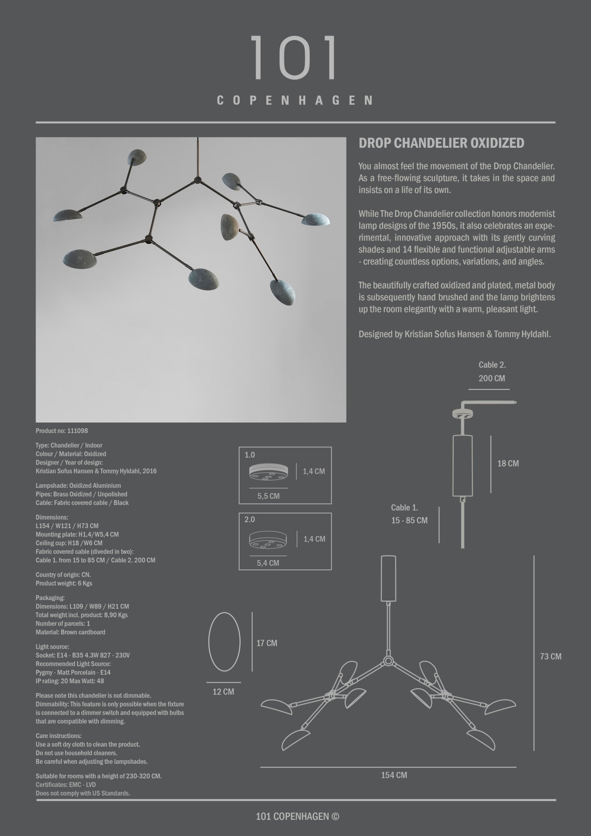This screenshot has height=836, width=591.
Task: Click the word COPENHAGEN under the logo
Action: pyautogui.click(x=295, y=100)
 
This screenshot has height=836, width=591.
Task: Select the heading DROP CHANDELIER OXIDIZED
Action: pyautogui.click(x=441, y=143)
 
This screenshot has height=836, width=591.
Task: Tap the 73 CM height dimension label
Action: pyautogui.click(x=551, y=656)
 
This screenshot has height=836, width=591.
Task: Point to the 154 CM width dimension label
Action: pyautogui.click(x=394, y=775)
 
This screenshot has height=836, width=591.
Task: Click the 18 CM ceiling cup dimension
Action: pyautogui.click(x=508, y=463)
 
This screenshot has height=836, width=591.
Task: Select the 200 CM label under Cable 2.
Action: pyautogui.click(x=492, y=378)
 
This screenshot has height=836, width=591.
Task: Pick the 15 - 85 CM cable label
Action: pyautogui.click(x=409, y=520)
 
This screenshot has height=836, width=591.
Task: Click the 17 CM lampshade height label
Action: pyautogui.click(x=267, y=643)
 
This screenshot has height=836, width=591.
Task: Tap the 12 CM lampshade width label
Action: pyautogui.click(x=223, y=692)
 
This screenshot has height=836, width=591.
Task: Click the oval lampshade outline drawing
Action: pyautogui.click(x=224, y=642)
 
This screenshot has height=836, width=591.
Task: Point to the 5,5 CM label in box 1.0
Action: pyautogui.click(x=268, y=496)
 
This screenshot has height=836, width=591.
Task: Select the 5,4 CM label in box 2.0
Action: pyautogui.click(x=268, y=563)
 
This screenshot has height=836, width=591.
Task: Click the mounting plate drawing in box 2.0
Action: pyautogui.click(x=267, y=540)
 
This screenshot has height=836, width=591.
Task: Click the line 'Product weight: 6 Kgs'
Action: pyautogui.click(x=64, y=583)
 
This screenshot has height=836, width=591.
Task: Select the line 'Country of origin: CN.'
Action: pyautogui.click(x=63, y=575)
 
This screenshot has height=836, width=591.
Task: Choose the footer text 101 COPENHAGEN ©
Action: pyautogui.click(x=297, y=816)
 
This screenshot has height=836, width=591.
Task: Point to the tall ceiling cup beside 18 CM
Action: pyautogui.click(x=462, y=465)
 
